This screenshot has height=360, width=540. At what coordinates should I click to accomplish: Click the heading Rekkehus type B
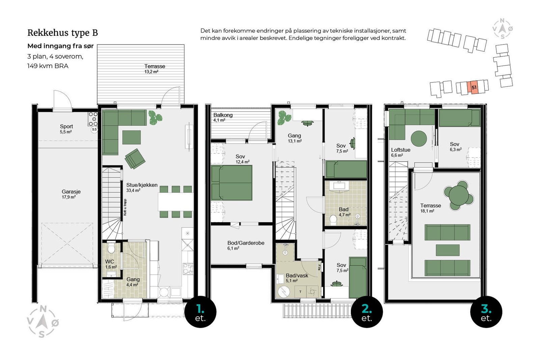(x=63, y=33)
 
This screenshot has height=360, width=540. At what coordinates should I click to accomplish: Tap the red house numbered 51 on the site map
(x=474, y=87)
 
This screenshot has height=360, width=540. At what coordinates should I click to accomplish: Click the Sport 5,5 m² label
(x=66, y=129)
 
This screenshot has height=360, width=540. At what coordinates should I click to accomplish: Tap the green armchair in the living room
(x=135, y=158)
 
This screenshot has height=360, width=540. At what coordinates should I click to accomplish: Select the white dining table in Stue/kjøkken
(x=176, y=202)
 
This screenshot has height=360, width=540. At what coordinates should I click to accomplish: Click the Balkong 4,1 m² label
(x=223, y=117)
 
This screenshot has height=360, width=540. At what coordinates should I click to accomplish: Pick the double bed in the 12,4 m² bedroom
(x=232, y=183)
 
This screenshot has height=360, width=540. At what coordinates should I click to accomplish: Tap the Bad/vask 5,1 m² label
(x=297, y=278)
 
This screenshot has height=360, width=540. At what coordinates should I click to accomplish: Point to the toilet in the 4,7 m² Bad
(x=333, y=220)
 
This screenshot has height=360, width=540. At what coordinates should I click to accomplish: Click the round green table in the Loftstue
(x=419, y=138)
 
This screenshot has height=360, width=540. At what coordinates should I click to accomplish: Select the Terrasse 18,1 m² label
(x=431, y=208)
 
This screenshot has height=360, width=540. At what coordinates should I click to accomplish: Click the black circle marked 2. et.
(x=367, y=312)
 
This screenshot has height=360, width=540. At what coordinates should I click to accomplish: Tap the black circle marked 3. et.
(x=486, y=312)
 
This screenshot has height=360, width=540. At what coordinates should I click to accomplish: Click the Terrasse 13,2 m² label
(x=155, y=69)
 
